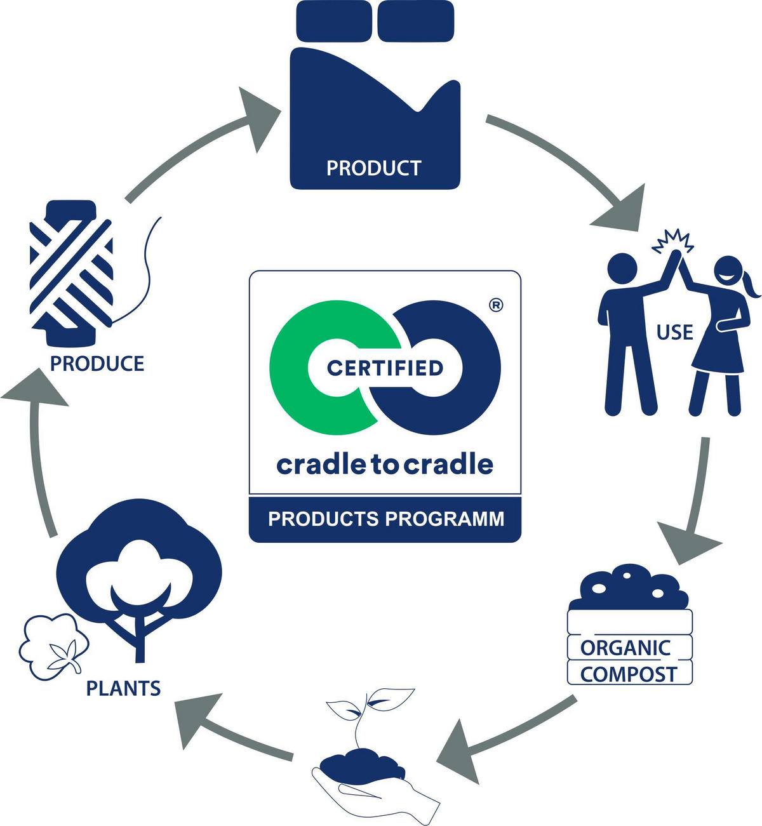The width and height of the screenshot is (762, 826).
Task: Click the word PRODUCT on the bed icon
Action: point(373,168)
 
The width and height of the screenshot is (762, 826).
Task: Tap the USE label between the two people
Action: point(674,332)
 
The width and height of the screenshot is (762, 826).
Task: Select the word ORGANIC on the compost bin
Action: point(625,648)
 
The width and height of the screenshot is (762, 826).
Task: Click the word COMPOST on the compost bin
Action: point(629,674)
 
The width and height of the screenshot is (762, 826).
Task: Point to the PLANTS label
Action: point(123,688)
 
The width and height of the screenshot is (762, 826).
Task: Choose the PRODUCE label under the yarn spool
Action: point(97,364)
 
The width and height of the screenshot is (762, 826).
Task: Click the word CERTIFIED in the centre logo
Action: point(385,368)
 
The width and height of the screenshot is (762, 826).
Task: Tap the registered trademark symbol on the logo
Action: point(497,305)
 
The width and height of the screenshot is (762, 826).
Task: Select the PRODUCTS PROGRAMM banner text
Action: point(385,519)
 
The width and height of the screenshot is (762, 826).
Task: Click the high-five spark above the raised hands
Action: point(672,241)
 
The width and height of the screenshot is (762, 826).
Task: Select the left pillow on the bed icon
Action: point(334,20)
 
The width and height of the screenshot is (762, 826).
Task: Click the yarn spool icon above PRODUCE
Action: point(72,273)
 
